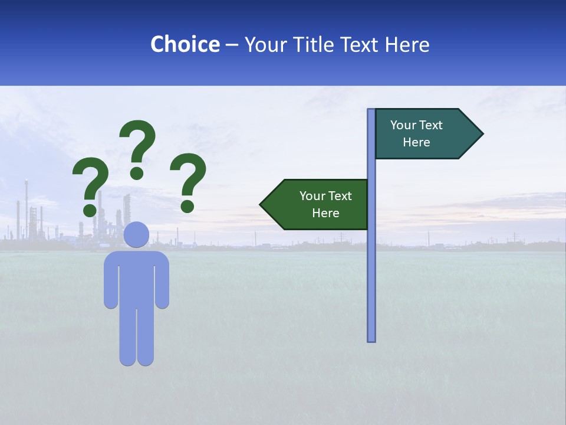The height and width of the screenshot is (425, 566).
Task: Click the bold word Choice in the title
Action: pyautogui.click(x=185, y=44)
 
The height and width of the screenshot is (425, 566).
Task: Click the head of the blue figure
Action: pyautogui.click(x=136, y=234)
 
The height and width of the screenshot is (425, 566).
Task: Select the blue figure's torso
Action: pyautogui.click(x=136, y=277)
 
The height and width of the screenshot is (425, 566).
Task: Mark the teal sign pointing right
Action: pyautogui.click(x=424, y=134)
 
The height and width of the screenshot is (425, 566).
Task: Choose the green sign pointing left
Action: pyautogui.click(x=318, y=204)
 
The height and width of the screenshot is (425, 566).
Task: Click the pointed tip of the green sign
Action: pyautogui.click(x=262, y=204)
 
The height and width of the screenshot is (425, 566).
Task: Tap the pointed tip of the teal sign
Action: pyautogui.click(x=481, y=134)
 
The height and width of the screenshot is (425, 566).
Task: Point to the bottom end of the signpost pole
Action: pyautogui.click(x=371, y=339)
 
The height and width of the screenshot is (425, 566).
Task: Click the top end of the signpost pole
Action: pyautogui.click(x=371, y=111)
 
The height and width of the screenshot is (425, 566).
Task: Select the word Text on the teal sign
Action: pyautogui.click(x=430, y=125)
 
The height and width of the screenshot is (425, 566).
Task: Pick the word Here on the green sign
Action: pyautogui.click(x=325, y=213)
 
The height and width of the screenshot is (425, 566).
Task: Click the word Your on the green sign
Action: pyautogui.click(x=311, y=196)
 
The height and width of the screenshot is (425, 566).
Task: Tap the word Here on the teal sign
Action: pyautogui.click(x=416, y=142)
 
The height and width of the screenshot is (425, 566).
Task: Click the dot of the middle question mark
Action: pyautogui.click(x=137, y=172)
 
